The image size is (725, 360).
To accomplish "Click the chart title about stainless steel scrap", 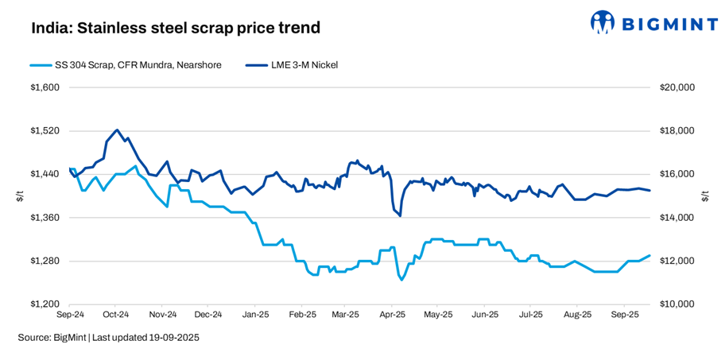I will (x=176, y=29).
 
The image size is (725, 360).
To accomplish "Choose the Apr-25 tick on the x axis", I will (x=393, y=315).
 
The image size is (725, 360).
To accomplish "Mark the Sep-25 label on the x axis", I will (x=625, y=315).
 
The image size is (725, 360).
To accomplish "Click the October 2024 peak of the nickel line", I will (x=117, y=130).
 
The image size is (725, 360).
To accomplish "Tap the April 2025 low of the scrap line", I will (x=401, y=280).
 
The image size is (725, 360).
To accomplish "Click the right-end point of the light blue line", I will (x=649, y=255).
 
